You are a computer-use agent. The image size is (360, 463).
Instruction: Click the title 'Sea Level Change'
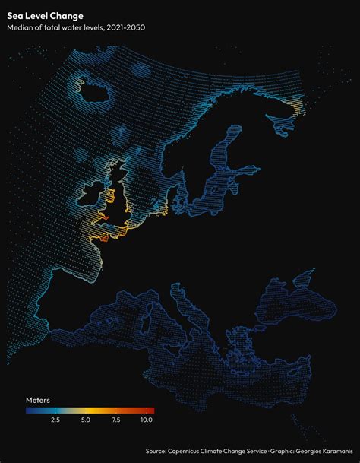click(x=46, y=15)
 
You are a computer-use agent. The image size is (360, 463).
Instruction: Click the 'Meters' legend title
click(x=38, y=399)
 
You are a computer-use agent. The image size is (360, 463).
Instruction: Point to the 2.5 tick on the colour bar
click(x=55, y=411)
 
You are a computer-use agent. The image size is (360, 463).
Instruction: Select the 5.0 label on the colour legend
click(x=86, y=420)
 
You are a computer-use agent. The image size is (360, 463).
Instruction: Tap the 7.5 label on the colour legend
click(x=116, y=420)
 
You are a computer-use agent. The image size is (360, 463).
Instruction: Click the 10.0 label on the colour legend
click(x=147, y=420)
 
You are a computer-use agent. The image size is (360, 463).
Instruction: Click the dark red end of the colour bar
click(x=152, y=411)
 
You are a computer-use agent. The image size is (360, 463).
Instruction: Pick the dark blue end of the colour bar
click(x=28, y=411)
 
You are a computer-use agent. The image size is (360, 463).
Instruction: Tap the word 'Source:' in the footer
click(x=156, y=451)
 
